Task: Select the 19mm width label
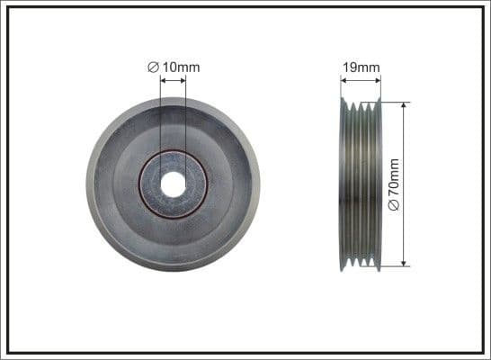click(361, 66)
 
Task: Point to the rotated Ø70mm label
click(393, 184)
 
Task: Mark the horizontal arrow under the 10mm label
click(173, 80)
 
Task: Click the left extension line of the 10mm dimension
click(161, 117)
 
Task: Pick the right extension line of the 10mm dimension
click(185, 117)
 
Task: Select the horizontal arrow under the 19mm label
click(361, 80)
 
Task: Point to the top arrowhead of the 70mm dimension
click(405, 105)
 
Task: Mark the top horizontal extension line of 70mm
click(396, 101)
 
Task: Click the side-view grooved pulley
click(361, 184)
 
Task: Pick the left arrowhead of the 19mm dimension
click(344, 80)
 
